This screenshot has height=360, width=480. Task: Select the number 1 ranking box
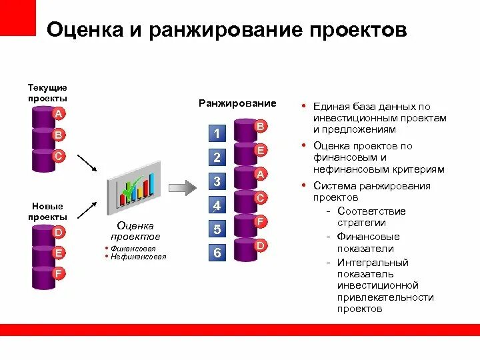217,133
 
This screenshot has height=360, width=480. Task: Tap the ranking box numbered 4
217,205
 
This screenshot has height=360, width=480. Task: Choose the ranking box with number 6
217,253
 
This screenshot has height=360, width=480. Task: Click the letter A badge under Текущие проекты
59,114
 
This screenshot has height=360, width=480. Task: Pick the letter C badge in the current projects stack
59,155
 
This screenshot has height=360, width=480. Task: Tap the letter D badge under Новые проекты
59,232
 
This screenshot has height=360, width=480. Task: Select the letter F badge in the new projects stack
59,273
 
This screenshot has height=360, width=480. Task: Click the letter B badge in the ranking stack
261,126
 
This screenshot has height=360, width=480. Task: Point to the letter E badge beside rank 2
261,150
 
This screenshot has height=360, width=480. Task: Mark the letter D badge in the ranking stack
261,245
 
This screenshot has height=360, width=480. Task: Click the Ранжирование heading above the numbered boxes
237,103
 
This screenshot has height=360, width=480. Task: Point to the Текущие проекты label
47,93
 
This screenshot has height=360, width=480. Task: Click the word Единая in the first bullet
331,106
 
